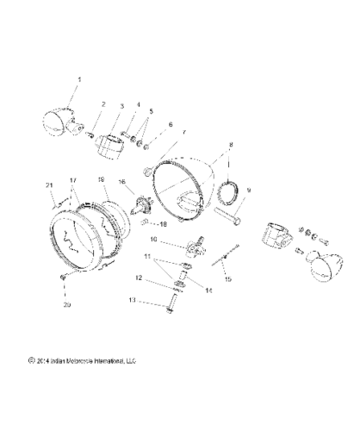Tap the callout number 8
[230, 146]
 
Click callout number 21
[49, 185]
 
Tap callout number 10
[155, 239]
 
